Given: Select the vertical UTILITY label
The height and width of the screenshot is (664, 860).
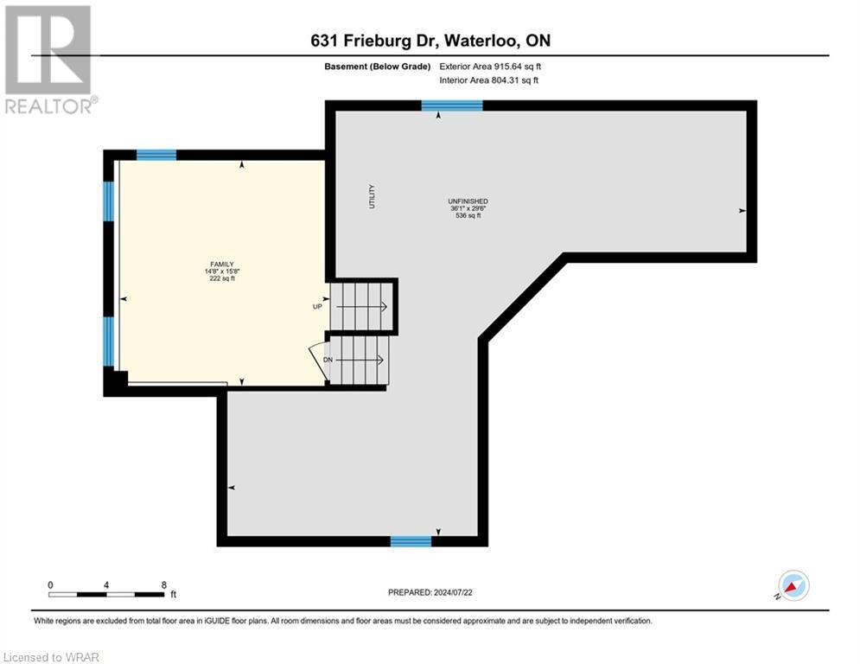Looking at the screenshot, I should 373,198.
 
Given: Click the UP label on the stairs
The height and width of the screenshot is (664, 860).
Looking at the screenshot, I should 317,306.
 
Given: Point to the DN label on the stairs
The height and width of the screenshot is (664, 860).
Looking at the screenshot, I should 328,359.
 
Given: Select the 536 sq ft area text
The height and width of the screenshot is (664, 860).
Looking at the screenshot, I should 468,216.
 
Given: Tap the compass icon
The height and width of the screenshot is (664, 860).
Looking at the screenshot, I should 793,585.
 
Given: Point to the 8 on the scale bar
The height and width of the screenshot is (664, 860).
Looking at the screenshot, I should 163,584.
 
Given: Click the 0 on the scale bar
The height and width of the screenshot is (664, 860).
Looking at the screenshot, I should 50,584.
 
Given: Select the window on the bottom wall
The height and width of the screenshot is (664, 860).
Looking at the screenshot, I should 411,541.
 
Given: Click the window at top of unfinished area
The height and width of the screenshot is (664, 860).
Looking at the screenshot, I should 451,105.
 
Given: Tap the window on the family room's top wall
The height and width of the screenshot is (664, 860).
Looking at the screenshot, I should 156,155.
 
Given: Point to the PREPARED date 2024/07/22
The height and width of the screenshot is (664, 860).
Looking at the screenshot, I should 430,592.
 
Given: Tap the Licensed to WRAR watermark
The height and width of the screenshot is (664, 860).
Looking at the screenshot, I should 52,657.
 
